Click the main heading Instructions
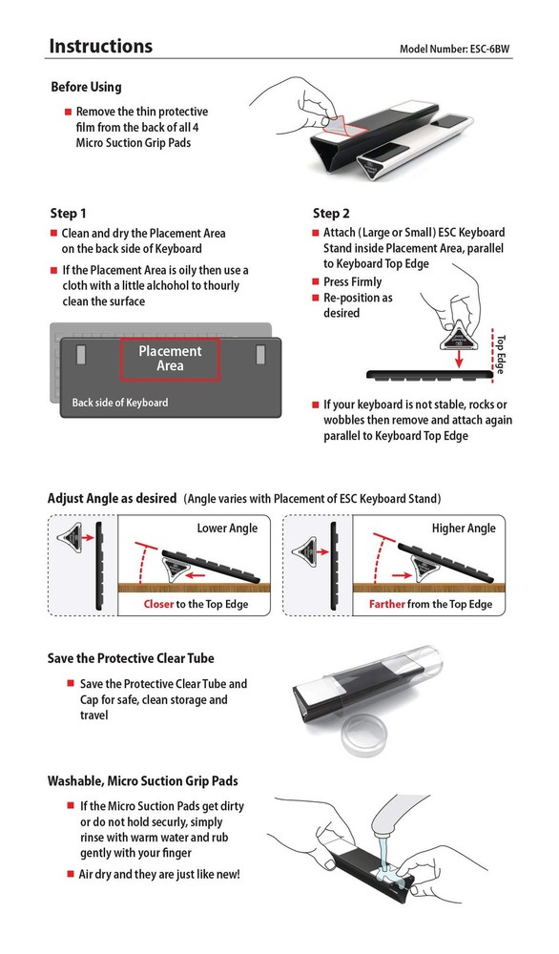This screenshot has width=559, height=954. pyautogui.click(x=100, y=46)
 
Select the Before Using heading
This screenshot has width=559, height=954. pyautogui.click(x=86, y=87)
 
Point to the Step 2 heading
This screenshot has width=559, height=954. pyautogui.click(x=331, y=213)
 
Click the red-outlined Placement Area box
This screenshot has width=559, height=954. pyautogui.click(x=170, y=359)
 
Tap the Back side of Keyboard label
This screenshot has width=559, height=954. pyautogui.click(x=120, y=403)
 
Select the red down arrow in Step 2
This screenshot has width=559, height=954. pyautogui.click(x=460, y=359)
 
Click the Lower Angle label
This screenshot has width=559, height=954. pyautogui.click(x=227, y=528)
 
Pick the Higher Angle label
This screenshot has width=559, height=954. pyautogui.click(x=464, y=528)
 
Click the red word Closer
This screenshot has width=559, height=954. pyautogui.click(x=161, y=605)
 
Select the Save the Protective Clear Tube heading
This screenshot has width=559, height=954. pyautogui.click(x=131, y=658)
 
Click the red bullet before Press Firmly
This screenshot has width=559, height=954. pyautogui.click(x=316, y=282)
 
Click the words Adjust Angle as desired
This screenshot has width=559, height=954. pyautogui.click(x=112, y=498)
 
